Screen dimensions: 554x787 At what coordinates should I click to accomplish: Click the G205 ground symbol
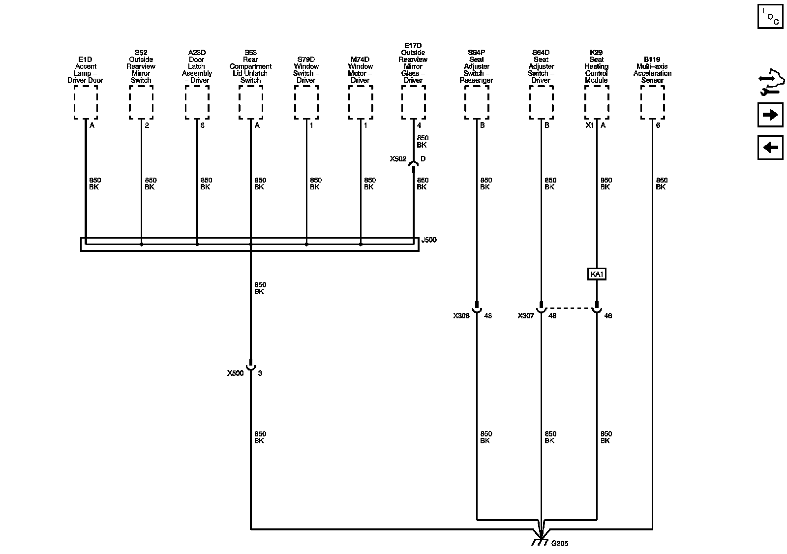pos(541,541)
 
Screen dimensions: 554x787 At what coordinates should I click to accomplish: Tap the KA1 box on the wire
pos(596,274)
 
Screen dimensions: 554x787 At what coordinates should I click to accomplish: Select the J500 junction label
pos(429,240)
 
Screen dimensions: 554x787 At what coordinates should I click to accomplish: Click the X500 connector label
pos(235,373)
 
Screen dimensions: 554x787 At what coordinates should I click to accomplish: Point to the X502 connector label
pos(398,159)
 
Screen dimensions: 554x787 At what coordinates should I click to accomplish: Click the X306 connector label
pos(461,315)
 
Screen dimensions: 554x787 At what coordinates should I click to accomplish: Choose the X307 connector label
pos(526,315)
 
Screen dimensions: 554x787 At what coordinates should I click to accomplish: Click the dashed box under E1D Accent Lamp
pos(86,102)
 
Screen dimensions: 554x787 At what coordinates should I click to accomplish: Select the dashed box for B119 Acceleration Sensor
pos(653,102)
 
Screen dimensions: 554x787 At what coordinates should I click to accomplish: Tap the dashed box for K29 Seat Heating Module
pos(597,102)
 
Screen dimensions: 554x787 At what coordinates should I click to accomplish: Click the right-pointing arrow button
pos(770,115)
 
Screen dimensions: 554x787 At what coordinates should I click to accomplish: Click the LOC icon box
pos(770,17)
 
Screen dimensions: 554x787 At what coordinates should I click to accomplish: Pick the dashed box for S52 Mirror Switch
pos(141,102)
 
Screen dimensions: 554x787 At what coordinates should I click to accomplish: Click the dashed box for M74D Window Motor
pos(361,102)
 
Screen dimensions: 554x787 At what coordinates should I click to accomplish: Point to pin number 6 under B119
pos(658,125)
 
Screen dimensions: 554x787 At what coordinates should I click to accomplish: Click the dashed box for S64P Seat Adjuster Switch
pos(477,102)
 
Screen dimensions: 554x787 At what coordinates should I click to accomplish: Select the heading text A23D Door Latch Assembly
pos(197,66)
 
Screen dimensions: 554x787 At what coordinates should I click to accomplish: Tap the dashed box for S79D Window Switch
pos(306,102)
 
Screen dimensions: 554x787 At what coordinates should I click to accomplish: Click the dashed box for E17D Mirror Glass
pos(413,102)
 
